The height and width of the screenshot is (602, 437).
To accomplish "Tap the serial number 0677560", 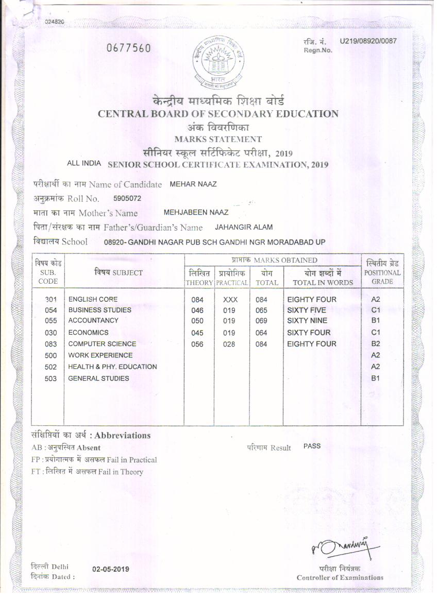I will (128, 48).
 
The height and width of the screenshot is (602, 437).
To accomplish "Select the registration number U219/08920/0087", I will (368, 41).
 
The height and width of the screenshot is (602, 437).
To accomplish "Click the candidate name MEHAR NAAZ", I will (193, 184).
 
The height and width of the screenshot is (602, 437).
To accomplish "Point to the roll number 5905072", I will (127, 198).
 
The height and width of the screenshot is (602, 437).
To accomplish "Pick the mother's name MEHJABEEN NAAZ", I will (196, 212).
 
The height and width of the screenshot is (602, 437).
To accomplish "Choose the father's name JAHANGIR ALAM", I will (244, 227).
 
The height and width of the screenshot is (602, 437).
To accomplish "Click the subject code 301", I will (51, 299).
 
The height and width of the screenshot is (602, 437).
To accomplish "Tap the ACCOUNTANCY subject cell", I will (93, 320).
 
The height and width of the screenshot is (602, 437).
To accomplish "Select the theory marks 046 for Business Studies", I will (197, 310).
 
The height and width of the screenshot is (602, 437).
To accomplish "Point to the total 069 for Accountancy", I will (261, 321).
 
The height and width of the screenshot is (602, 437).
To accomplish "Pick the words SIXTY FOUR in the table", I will (309, 332).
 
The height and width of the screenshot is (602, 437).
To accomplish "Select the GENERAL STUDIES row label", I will (98, 379).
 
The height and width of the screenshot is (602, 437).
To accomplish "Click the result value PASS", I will (312, 446).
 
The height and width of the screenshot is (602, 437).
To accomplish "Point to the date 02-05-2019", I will (111, 569).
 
